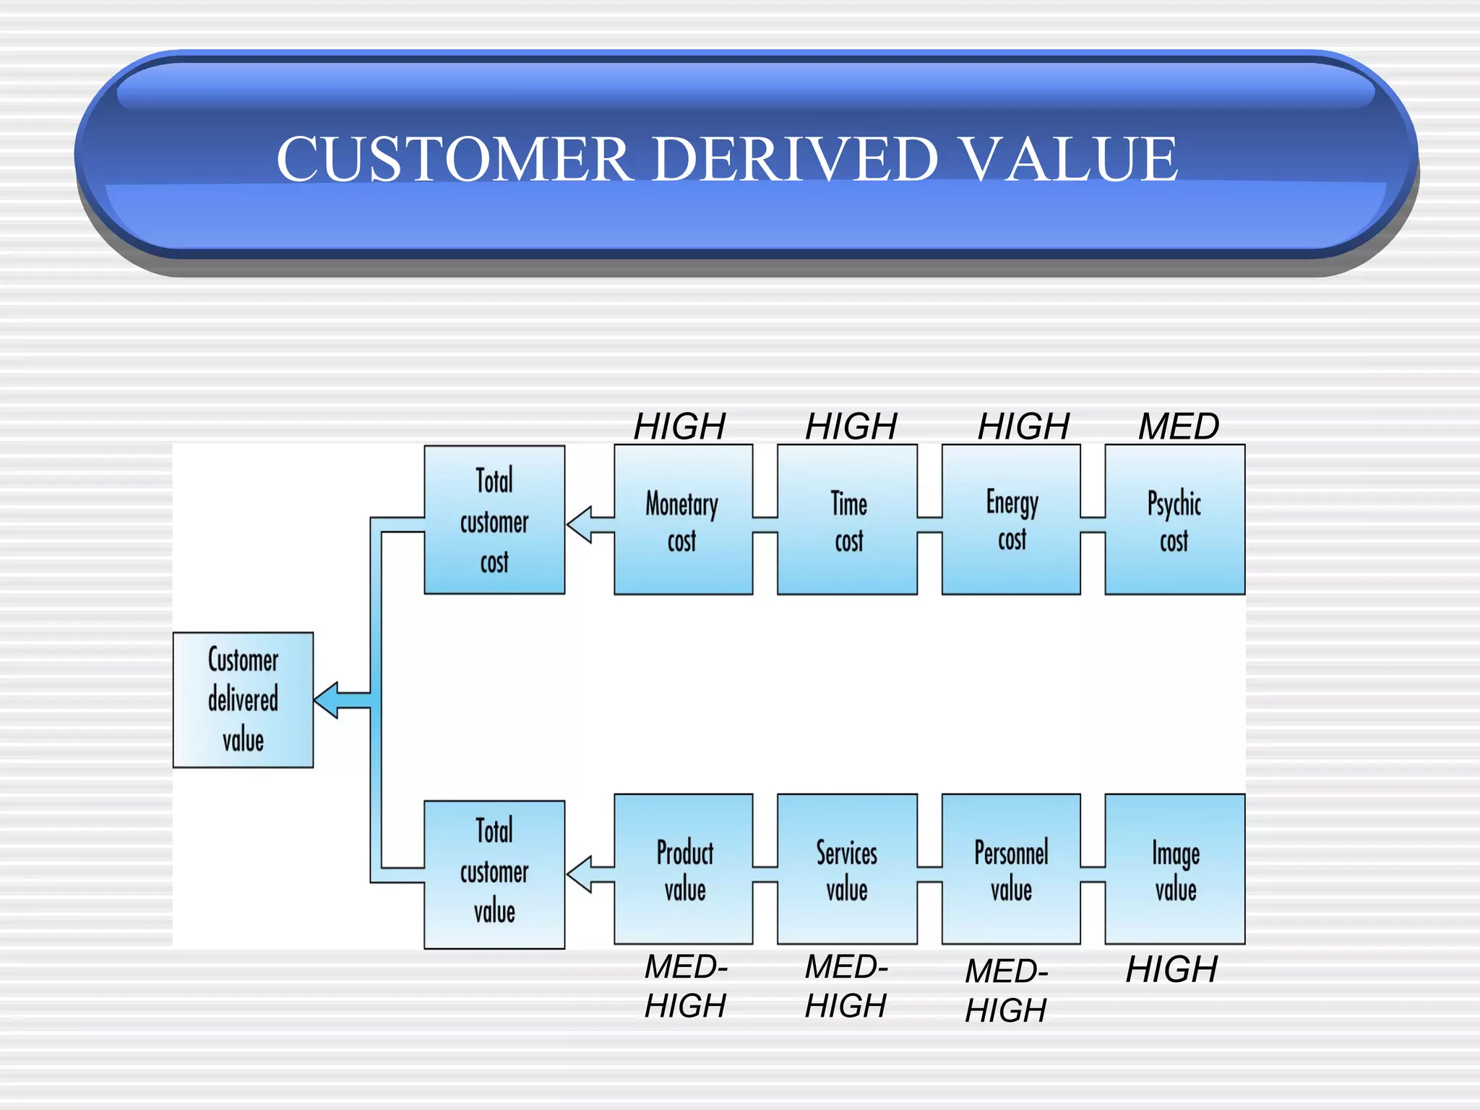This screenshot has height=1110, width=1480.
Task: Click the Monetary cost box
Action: (x=683, y=520)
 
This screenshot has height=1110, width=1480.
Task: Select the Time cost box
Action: (x=848, y=520)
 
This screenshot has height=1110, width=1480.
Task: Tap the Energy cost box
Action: (x=1011, y=520)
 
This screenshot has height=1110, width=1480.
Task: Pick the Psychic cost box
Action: (x=1175, y=520)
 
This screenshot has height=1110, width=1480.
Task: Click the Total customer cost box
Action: (x=494, y=520)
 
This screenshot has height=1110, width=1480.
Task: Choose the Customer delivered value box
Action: (x=243, y=700)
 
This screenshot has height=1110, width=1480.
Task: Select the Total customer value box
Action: (x=494, y=874)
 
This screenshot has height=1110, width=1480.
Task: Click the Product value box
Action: (x=683, y=869)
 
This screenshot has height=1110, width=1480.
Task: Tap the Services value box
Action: (x=848, y=869)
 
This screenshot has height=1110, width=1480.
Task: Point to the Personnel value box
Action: (x=1011, y=869)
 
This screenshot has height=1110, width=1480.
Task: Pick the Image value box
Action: (x=1175, y=869)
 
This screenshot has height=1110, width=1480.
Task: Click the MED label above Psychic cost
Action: (x=1179, y=426)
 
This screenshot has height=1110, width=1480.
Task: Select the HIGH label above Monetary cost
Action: (x=679, y=426)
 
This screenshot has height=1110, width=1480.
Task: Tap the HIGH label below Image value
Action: (x=1171, y=970)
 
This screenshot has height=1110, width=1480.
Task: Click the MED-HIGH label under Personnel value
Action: (x=1006, y=991)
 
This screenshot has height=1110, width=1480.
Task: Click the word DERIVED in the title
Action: (x=796, y=159)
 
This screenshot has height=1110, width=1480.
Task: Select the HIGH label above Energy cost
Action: (x=1023, y=426)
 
